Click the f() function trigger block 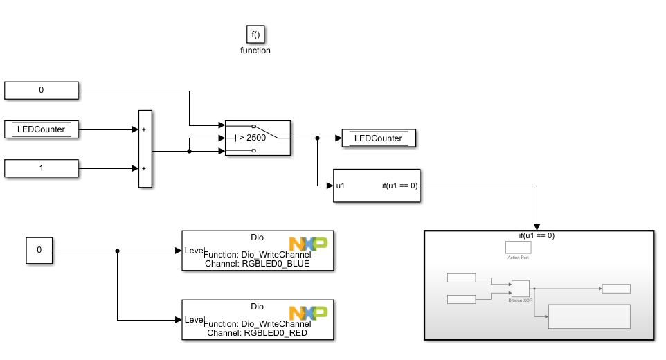[256, 34]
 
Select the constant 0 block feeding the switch [42, 90]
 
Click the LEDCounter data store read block [42, 129]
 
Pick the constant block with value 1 [42, 168]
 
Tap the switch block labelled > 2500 [258, 138]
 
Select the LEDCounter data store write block [378, 138]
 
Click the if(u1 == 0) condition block [377, 186]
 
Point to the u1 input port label [341, 186]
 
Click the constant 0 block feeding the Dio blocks [39, 250]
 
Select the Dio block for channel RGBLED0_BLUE [258, 250]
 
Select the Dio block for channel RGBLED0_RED [258, 319]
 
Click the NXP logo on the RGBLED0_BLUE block [309, 244]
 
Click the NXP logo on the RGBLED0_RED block [309, 314]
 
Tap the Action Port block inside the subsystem [518, 247]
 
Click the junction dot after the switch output [317, 138]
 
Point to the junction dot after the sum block [189, 150]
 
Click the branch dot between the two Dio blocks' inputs [117, 251]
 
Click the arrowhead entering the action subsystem [537, 226]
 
